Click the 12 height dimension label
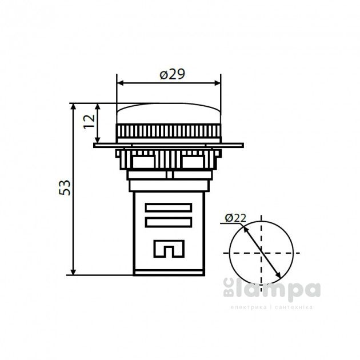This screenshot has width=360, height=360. click(87, 122)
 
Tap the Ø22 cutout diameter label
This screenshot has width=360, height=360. click(235, 217)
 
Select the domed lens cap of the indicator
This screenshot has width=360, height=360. click(169, 113)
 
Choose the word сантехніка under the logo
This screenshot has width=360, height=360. click(293, 307)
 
